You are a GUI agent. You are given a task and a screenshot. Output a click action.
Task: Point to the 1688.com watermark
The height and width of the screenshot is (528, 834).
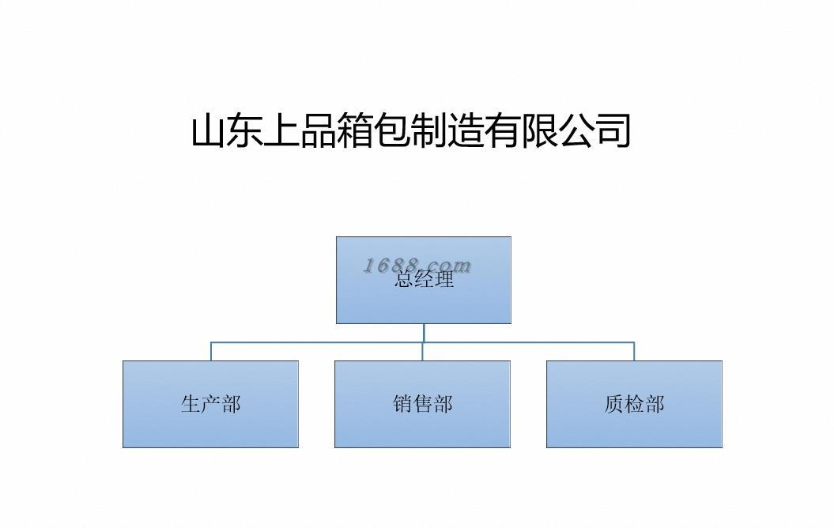coord(417,265)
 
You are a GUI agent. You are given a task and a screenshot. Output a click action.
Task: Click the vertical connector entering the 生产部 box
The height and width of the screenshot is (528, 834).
coord(211,352)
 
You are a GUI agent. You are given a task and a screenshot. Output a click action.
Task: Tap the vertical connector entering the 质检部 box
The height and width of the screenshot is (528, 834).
coord(634,352)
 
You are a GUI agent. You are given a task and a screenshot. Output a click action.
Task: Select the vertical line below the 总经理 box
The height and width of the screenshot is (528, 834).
coord(424,333)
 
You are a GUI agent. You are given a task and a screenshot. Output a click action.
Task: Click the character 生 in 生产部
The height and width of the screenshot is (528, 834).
coord(191,404)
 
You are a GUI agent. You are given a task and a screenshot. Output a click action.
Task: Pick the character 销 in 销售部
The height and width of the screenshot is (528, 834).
coord(402,404)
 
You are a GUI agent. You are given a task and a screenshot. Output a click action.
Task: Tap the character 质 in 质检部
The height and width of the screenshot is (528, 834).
coord(614,404)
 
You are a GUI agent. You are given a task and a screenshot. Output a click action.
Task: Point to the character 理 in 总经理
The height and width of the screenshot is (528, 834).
coord(443,279)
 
